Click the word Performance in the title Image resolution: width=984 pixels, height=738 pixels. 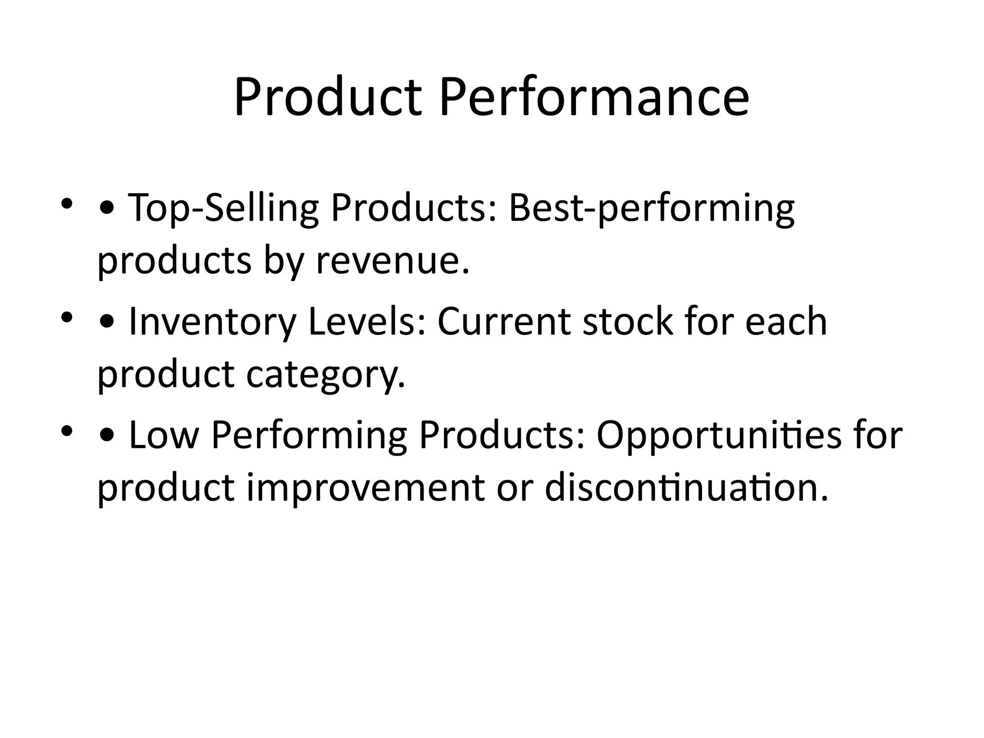click(x=594, y=98)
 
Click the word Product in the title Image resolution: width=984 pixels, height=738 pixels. click(x=328, y=98)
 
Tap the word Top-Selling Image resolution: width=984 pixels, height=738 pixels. click(x=223, y=209)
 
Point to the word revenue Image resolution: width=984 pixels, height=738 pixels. click(x=392, y=261)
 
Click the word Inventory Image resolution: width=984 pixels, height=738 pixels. click(x=212, y=322)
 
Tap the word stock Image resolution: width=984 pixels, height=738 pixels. click(x=627, y=322)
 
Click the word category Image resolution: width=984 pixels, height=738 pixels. click(x=326, y=376)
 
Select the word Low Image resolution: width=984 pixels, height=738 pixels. click(x=163, y=435)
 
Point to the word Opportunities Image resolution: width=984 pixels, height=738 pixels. click(x=718, y=436)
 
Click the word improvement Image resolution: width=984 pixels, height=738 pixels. click(x=365, y=489)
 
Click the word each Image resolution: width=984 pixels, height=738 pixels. click(x=786, y=322)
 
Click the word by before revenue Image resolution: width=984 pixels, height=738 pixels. click(x=283, y=262)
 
